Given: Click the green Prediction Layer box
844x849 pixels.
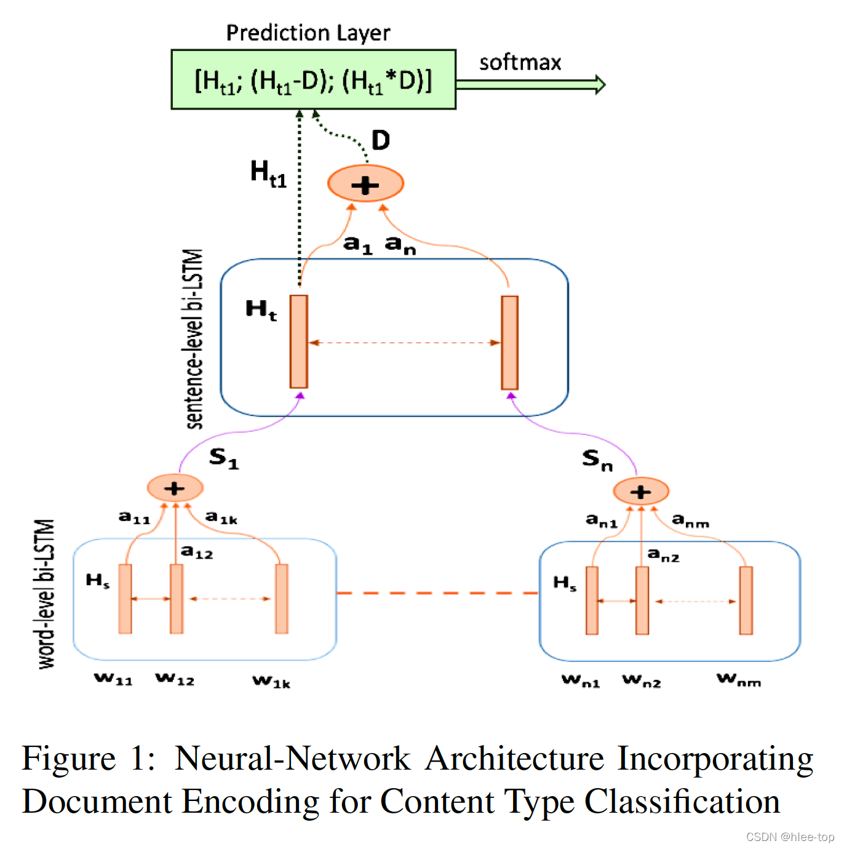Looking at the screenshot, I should point(313,80).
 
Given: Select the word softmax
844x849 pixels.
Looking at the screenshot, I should point(520,62).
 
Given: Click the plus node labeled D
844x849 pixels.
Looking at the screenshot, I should point(365,184).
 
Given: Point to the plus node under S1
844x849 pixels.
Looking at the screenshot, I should point(175,488).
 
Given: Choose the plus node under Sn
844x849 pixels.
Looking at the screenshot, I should point(641,492).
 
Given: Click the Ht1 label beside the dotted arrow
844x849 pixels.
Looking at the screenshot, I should point(268,173).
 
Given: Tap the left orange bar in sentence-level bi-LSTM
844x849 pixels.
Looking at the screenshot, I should point(299,341).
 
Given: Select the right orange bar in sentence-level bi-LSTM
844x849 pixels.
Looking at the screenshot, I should point(509,343).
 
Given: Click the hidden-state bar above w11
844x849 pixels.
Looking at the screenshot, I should point(125,599).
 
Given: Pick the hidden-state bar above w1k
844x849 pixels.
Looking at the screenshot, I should point(282,599).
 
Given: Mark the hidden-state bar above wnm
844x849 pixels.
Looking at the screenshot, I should point(746,600).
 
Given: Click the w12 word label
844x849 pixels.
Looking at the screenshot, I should point(175,679).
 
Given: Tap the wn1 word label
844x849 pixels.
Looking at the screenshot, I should point(580,680).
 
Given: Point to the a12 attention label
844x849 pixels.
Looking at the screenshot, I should point(197,552).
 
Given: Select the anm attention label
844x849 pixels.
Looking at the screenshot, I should point(690,520).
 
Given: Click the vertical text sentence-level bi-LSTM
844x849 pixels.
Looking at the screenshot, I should point(194,338).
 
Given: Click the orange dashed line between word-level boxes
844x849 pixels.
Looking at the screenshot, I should point(437,593).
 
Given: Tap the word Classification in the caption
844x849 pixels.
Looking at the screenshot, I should point(682,802).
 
